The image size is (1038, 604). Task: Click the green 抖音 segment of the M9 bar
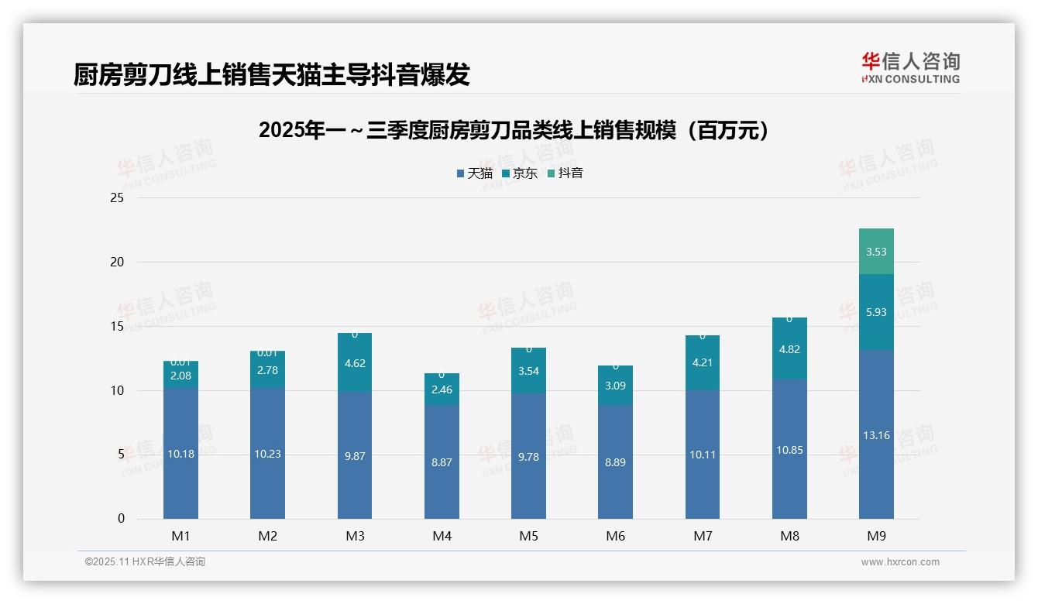coord(876,252)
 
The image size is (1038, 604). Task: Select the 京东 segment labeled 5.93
coord(876,312)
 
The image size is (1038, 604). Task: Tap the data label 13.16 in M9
coord(876,435)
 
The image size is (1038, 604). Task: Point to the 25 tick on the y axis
coord(117,198)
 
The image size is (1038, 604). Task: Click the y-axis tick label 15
coord(117,327)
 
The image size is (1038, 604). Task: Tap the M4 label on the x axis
coord(442,536)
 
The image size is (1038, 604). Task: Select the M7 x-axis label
coord(703,536)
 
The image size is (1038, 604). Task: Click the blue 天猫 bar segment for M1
coord(180,454)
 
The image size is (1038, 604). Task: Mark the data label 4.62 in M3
coord(355,363)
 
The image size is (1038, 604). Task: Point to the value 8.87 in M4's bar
coord(442,462)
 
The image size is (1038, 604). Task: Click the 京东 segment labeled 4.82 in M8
coord(789,349)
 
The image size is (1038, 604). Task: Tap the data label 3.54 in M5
coord(528,371)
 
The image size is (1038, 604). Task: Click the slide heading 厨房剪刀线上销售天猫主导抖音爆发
coord(272,75)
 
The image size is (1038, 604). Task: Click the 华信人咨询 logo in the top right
coord(910,67)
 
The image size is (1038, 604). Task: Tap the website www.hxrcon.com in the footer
coord(900,562)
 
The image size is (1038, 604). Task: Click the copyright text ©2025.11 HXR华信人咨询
coord(145,562)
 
